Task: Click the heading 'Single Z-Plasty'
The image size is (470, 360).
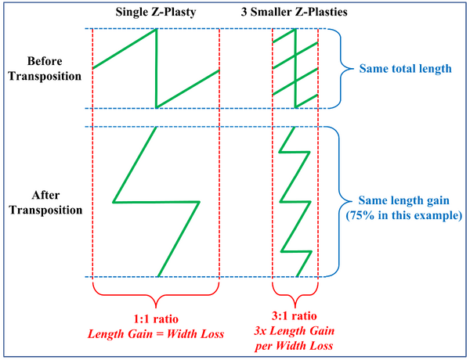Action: pyautogui.click(x=156, y=13)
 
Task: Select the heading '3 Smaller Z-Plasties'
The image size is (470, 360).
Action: pyautogui.click(x=294, y=12)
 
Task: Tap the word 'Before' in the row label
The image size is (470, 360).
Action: pyautogui.click(x=45, y=61)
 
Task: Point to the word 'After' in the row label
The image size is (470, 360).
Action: pyautogui.click(x=45, y=196)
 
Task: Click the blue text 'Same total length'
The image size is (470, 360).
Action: pyautogui.click(x=405, y=69)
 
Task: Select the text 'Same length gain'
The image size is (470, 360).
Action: pyautogui.click(x=403, y=200)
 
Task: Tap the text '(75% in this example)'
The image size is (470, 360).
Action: pyautogui.click(x=404, y=216)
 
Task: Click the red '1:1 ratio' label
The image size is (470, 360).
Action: pyautogui.click(x=156, y=319)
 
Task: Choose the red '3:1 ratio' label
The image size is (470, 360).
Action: pyautogui.click(x=294, y=316)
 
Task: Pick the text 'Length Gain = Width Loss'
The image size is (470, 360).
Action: pyautogui.click(x=156, y=334)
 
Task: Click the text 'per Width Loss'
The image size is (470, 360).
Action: pyautogui.click(x=294, y=346)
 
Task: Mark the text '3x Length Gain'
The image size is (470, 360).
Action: pyautogui.click(x=294, y=331)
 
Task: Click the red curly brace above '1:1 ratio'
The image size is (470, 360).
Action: pyautogui.click(x=156, y=296)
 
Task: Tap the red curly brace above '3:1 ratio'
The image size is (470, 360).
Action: pyautogui.click(x=295, y=296)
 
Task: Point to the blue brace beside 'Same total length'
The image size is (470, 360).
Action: pyautogui.click(x=341, y=68)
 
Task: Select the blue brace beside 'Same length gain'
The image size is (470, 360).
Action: pyautogui.click(x=339, y=201)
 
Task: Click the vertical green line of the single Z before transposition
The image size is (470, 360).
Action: pyautogui.click(x=156, y=68)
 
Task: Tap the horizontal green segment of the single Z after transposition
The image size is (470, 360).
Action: pyautogui.click(x=156, y=202)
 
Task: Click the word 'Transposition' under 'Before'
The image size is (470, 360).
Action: pyautogui.click(x=45, y=76)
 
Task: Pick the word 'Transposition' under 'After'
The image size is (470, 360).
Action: pyautogui.click(x=45, y=210)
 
